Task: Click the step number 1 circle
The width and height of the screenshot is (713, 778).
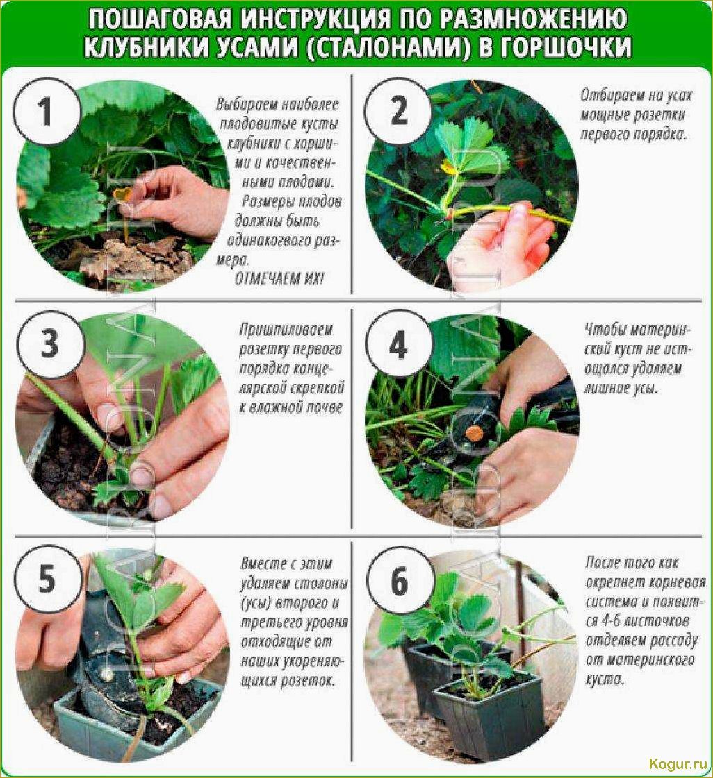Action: [46, 111]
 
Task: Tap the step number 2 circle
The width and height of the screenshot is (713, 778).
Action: [398, 111]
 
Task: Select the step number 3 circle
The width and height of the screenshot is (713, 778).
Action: [49, 344]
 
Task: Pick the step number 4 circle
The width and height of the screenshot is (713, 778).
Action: [398, 344]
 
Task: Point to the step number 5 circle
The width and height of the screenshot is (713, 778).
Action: [47, 579]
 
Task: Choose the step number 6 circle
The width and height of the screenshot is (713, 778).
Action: [400, 580]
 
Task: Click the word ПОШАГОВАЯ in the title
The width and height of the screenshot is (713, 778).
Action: [161, 20]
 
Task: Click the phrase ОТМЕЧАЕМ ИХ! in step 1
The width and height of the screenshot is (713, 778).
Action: [279, 279]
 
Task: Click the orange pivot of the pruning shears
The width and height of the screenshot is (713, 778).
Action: [473, 434]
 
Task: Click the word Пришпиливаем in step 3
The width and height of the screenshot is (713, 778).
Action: [286, 330]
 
